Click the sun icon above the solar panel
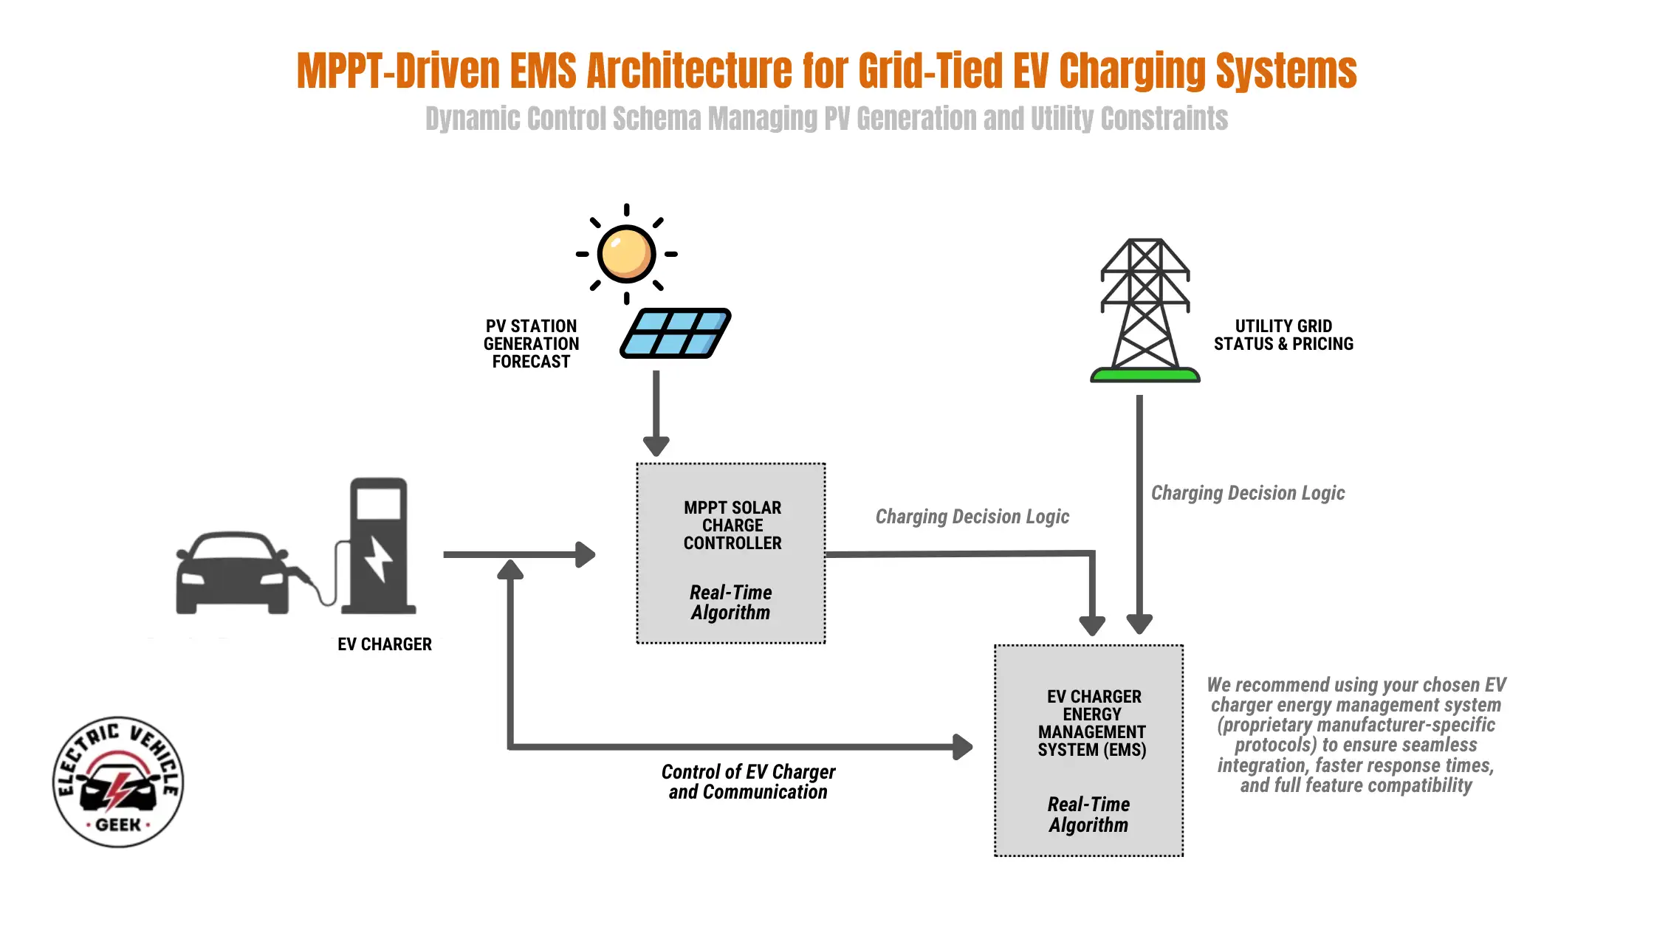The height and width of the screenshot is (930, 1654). (x=626, y=254)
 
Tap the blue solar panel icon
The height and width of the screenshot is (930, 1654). (x=676, y=334)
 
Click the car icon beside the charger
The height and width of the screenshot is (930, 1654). (x=231, y=573)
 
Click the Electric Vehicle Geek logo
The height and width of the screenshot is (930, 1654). (x=118, y=782)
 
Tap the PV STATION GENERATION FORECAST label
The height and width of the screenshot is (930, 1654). (x=531, y=344)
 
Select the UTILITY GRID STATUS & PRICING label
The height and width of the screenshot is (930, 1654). (x=1283, y=335)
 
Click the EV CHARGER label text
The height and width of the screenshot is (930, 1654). (x=385, y=644)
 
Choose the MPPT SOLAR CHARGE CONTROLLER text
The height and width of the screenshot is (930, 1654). (x=732, y=526)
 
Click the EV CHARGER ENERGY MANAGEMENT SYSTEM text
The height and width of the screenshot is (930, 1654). (x=1092, y=723)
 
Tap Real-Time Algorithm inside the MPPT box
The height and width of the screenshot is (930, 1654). (x=731, y=602)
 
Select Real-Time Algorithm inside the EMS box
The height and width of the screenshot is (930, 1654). (x=1089, y=815)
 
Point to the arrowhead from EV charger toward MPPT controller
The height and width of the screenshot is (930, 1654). (x=585, y=554)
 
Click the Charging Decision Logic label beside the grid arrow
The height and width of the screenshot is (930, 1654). (x=1248, y=493)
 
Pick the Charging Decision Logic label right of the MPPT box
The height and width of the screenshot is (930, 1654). (x=972, y=517)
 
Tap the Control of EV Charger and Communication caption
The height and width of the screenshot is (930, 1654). (x=748, y=782)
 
